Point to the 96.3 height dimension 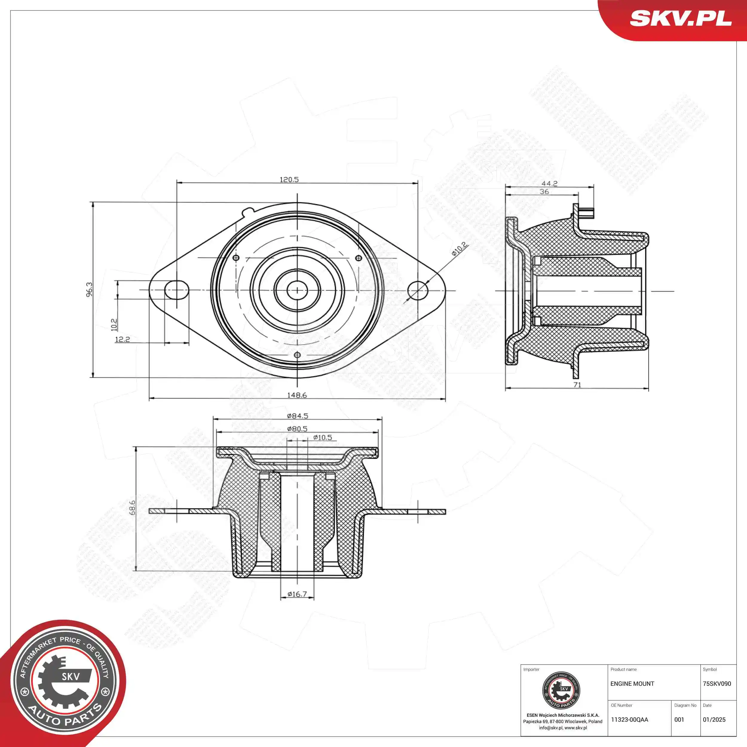click(x=89, y=289)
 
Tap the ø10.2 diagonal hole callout click(x=459, y=249)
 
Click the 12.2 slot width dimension click(x=122, y=339)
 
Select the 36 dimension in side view click(x=544, y=192)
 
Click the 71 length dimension click(x=577, y=385)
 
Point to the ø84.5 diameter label click(x=297, y=416)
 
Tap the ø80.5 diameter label click(x=297, y=428)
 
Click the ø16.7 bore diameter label click(x=297, y=594)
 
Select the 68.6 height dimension click(x=132, y=507)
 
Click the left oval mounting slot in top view click(x=177, y=290)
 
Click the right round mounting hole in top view click(x=418, y=290)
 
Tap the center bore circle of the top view click(x=297, y=290)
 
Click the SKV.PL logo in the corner click(x=681, y=18)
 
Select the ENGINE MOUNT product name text click(x=632, y=684)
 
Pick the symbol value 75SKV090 click(x=717, y=684)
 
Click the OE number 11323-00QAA click(x=630, y=720)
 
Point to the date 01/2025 click(x=714, y=720)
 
